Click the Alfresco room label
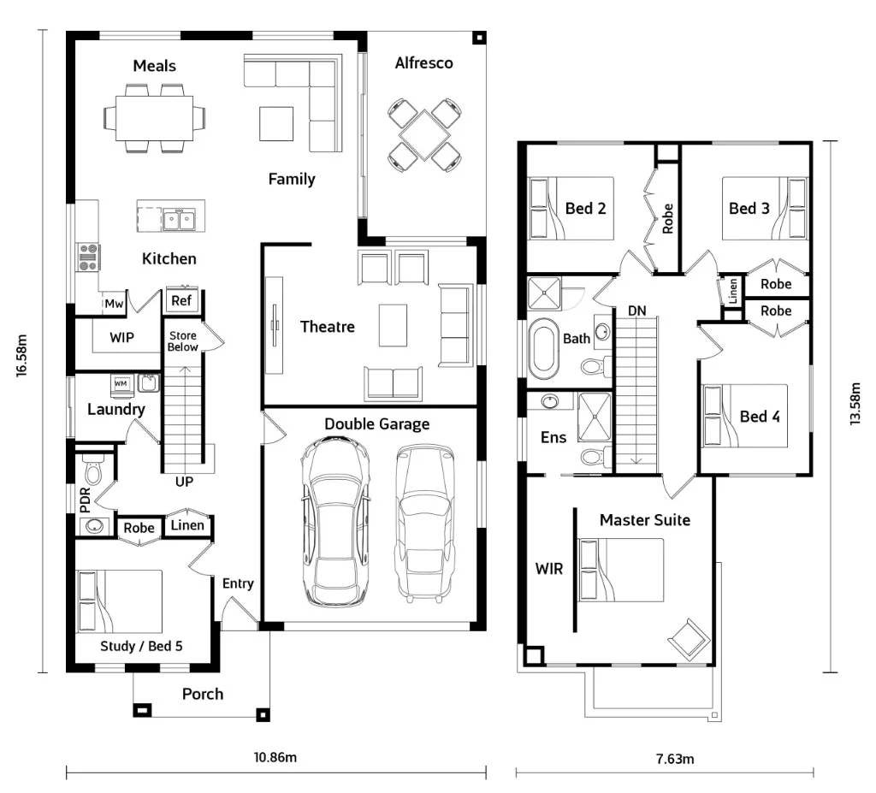(423, 63)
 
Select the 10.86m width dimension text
(275, 757)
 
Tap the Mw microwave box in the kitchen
(113, 303)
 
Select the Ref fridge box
(181, 300)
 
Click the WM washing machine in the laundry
(121, 383)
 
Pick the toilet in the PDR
(92, 470)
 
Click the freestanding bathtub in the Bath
(542, 349)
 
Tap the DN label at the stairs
(636, 310)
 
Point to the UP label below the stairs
(184, 482)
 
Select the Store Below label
(182, 341)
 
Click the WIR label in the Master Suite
(548, 568)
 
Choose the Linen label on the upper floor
(732, 292)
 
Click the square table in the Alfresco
(424, 134)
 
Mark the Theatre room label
(327, 327)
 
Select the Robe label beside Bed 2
(668, 219)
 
